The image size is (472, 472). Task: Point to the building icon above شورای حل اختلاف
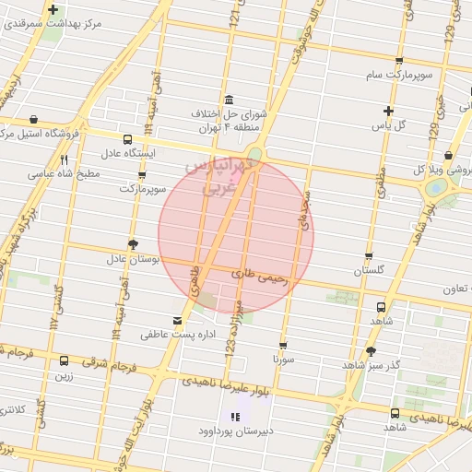click(x=229, y=100)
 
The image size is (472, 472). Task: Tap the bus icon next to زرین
click(x=64, y=361)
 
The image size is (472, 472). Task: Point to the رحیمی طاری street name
click(x=262, y=275)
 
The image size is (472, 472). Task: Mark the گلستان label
click(x=370, y=271)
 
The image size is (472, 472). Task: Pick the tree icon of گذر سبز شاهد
click(x=372, y=350)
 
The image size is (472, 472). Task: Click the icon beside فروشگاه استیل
click(x=34, y=119)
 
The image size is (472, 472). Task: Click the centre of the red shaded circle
click(x=236, y=237)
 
